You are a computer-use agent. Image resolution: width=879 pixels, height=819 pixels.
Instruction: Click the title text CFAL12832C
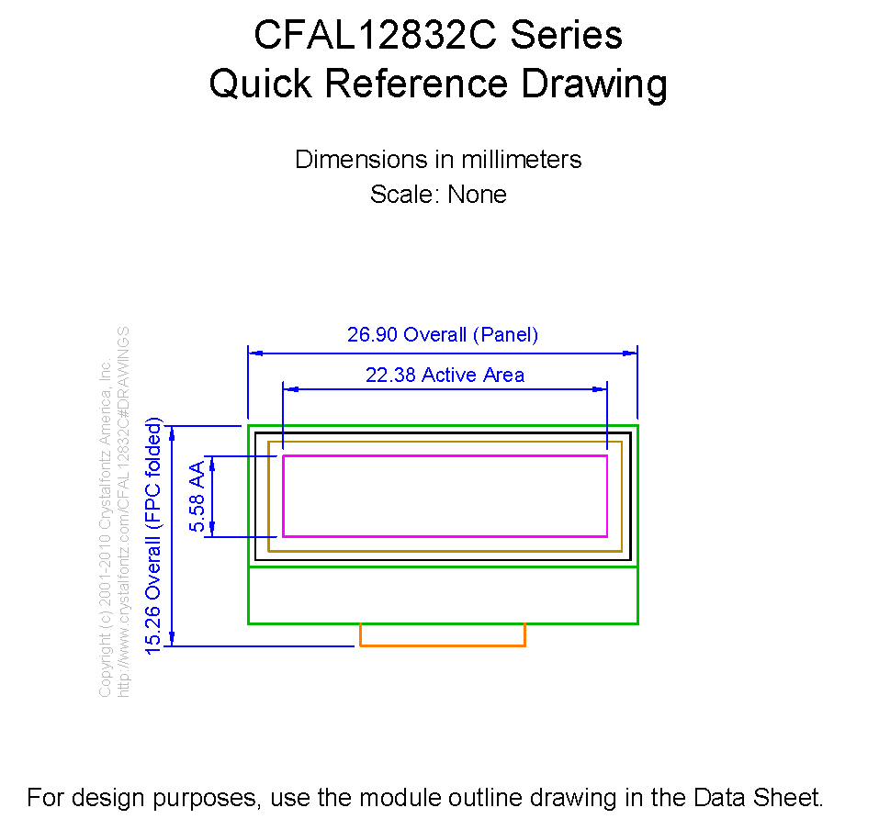376,35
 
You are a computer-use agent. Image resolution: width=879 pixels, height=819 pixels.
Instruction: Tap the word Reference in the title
416,84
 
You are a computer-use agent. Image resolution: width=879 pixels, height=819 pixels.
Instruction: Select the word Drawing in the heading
594,85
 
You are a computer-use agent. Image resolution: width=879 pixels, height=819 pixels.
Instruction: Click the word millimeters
522,160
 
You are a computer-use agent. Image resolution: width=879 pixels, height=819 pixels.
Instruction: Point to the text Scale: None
438,195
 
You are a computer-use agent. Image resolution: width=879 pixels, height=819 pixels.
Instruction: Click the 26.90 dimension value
372,335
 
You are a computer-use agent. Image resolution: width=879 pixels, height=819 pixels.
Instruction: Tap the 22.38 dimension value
390,375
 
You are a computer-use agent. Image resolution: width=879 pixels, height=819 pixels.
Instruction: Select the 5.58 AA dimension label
197,497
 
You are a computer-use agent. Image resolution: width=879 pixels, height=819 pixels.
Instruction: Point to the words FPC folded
153,474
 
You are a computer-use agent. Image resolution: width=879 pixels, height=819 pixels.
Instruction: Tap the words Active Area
473,375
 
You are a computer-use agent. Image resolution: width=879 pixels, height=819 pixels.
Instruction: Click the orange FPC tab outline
443,645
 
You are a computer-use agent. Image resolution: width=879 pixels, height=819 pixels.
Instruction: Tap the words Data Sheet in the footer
759,798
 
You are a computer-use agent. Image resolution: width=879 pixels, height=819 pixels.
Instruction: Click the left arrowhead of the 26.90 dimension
255,353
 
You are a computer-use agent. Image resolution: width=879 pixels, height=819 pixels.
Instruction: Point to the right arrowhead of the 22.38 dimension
600,388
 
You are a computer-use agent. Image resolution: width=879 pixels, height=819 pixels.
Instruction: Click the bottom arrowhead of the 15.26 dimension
172,639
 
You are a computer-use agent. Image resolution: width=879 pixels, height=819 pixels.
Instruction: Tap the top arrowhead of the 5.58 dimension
212,464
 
